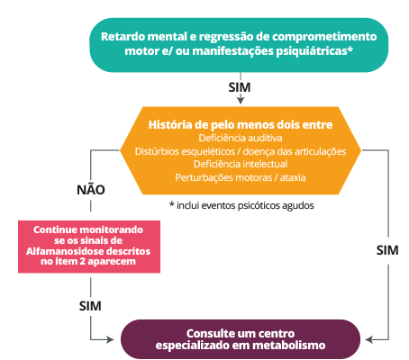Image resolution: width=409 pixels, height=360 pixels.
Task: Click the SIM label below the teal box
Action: [x=240, y=87]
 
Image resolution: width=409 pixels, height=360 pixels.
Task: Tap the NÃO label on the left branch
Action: [x=91, y=189]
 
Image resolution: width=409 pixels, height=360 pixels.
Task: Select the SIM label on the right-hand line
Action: [x=387, y=250]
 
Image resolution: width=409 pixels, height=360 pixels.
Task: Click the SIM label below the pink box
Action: [x=90, y=306]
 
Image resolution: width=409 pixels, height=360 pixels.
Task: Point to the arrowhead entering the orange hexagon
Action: [x=241, y=100]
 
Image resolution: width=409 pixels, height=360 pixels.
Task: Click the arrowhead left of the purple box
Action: [x=110, y=339]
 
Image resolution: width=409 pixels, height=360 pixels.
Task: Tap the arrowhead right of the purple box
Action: [x=369, y=339]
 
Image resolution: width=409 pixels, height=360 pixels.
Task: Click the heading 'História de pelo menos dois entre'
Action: [x=241, y=124]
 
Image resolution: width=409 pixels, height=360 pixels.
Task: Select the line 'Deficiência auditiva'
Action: [x=241, y=138]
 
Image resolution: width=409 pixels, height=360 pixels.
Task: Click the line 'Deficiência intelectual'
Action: [x=241, y=164]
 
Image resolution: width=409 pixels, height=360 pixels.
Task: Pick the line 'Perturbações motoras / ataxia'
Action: [x=241, y=177]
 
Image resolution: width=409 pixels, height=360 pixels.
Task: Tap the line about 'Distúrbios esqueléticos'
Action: [x=241, y=151]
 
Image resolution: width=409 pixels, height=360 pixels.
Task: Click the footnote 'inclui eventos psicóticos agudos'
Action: [x=245, y=205]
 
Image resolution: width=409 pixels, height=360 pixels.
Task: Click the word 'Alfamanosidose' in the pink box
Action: [x=62, y=251]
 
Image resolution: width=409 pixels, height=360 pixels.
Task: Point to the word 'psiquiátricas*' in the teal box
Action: [x=314, y=51]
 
